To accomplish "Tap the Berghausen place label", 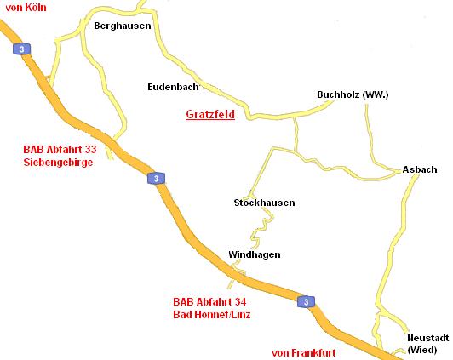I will click(x=123, y=26).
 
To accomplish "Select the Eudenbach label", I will click(x=173, y=87).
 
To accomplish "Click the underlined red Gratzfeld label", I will click(x=209, y=114).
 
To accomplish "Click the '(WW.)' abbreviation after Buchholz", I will click(x=376, y=94).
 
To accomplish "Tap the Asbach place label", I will click(x=420, y=169).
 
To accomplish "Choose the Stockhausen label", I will click(x=264, y=203).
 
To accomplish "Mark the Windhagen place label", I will click(x=254, y=254).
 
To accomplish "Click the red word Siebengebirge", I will click(x=59, y=163).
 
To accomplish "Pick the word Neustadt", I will click(x=427, y=338).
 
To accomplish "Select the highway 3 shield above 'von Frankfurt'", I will click(x=307, y=301).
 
